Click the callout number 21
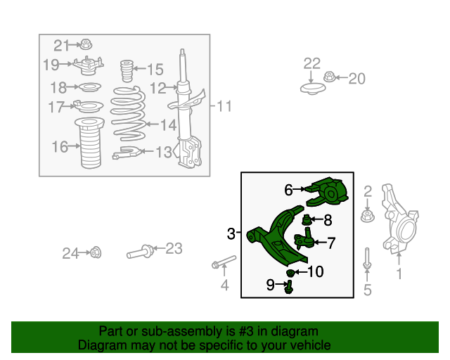[62, 46]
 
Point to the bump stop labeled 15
[128, 70]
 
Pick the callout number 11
[224, 107]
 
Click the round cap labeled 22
[311, 89]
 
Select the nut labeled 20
[329, 77]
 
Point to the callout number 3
[231, 233]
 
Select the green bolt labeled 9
[288, 285]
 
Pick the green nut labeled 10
[290, 272]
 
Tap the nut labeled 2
[366, 214]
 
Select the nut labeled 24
[96, 252]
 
